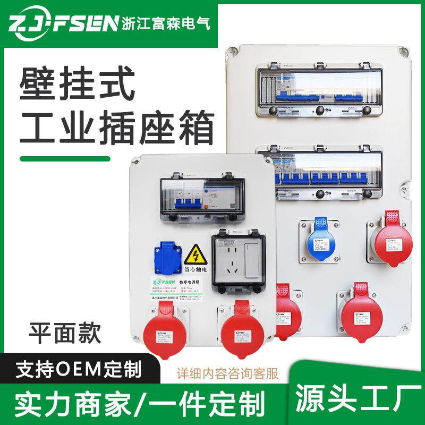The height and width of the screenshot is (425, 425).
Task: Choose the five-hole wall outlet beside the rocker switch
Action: coord(231,260)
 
